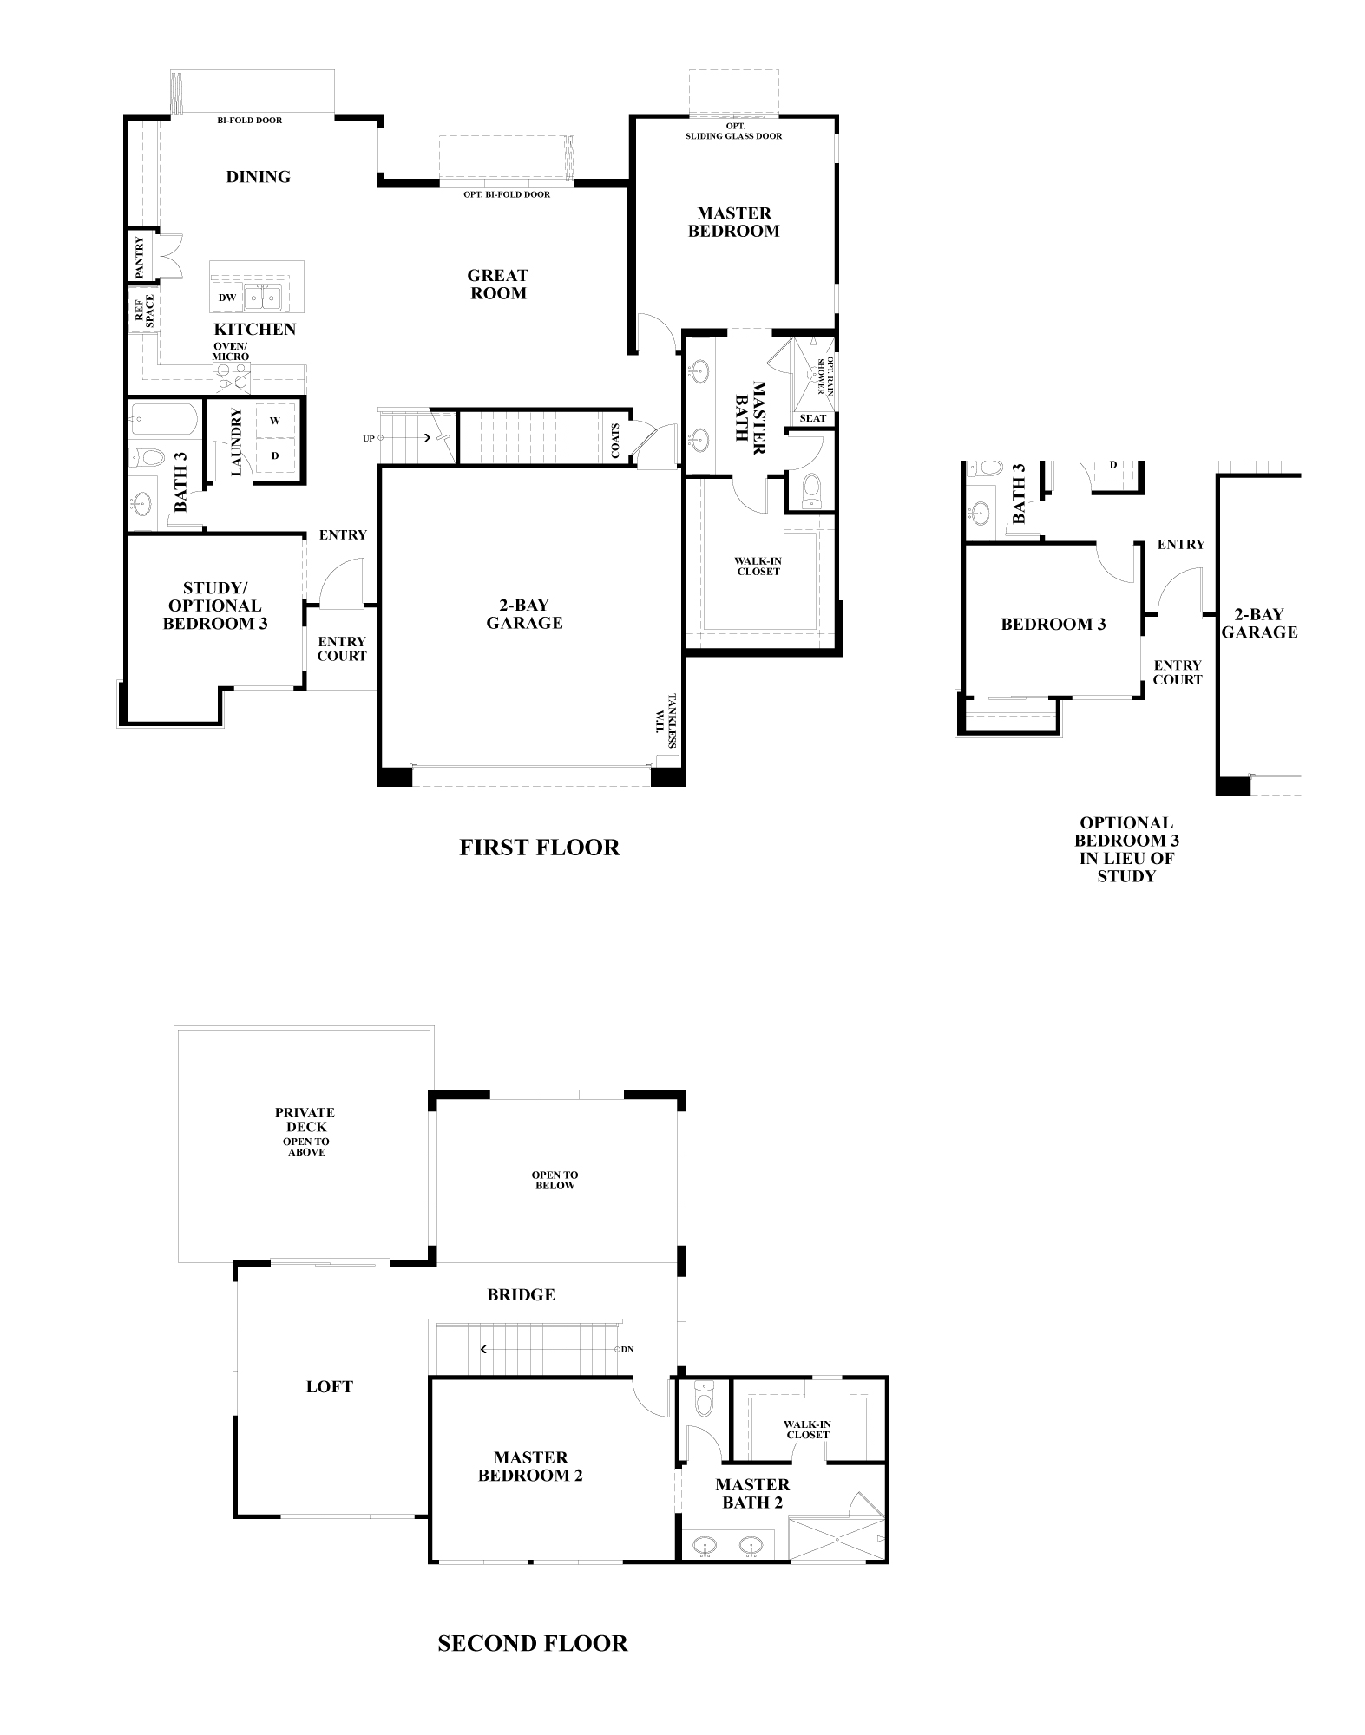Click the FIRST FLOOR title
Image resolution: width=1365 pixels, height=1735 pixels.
540,848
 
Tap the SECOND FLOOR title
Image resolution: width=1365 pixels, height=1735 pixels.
533,1644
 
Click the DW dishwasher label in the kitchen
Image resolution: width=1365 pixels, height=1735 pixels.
227,298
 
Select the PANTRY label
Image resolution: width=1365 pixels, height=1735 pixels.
140,258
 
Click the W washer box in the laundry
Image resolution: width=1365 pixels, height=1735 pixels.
275,421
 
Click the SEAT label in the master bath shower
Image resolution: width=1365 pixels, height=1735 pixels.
813,418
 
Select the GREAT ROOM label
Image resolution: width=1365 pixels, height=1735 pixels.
498,285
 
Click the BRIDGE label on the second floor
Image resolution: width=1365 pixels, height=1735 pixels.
521,1295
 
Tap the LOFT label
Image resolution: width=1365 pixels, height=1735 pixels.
330,1387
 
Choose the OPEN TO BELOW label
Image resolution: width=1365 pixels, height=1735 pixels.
555,1181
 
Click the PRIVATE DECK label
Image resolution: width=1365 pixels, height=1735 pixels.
305,1120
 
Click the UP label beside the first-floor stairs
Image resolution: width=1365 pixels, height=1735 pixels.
369,439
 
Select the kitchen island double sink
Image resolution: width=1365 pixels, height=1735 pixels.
261,297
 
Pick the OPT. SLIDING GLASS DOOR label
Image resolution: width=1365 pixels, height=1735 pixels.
734,131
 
